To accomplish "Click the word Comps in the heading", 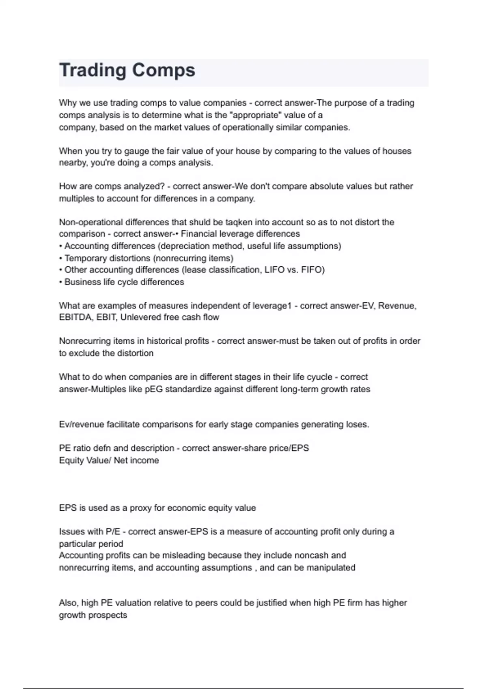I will coord(164,71).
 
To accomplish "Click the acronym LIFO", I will coord(274,270).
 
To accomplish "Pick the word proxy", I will coord(140,508).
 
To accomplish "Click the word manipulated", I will coord(331,568).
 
